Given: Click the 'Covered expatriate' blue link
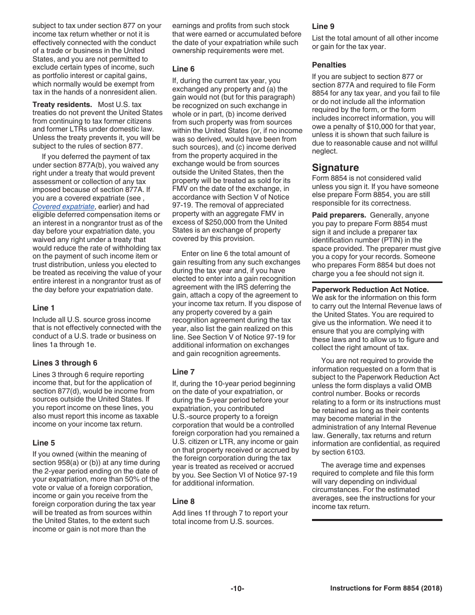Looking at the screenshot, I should (63, 206).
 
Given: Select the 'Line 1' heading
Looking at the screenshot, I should (43, 308).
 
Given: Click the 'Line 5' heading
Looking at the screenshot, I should (43, 443).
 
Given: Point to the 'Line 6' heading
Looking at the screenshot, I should (183, 69).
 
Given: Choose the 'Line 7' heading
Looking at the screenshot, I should (183, 372).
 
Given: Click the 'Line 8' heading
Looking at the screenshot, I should (183, 501).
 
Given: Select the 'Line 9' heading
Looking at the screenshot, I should (323, 26).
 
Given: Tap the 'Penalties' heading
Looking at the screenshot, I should (329, 65).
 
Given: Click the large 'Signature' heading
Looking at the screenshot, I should (335, 167).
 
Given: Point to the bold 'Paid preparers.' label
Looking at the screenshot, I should (339, 215).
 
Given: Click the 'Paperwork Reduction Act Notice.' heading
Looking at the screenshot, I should (370, 289).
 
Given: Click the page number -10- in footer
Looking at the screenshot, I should (237, 589).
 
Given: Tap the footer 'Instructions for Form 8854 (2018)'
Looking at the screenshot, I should (386, 589).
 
